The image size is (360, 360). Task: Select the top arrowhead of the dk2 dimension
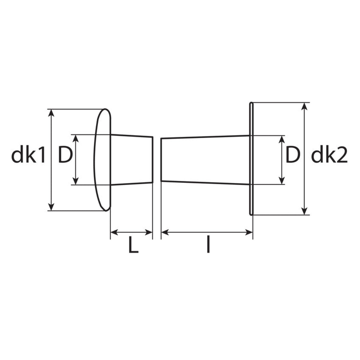[305, 106]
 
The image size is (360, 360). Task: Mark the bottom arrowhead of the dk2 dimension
[305, 211]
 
